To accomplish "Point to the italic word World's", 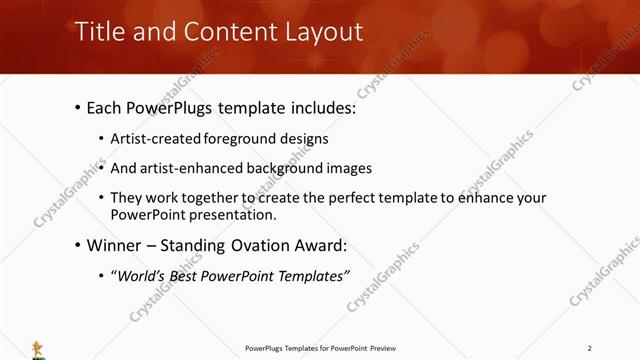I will coord(142,276).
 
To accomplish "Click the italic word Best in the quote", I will coord(191,276).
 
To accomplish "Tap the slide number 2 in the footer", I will coord(590,348).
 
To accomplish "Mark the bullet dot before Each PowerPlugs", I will coord(79,108).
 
